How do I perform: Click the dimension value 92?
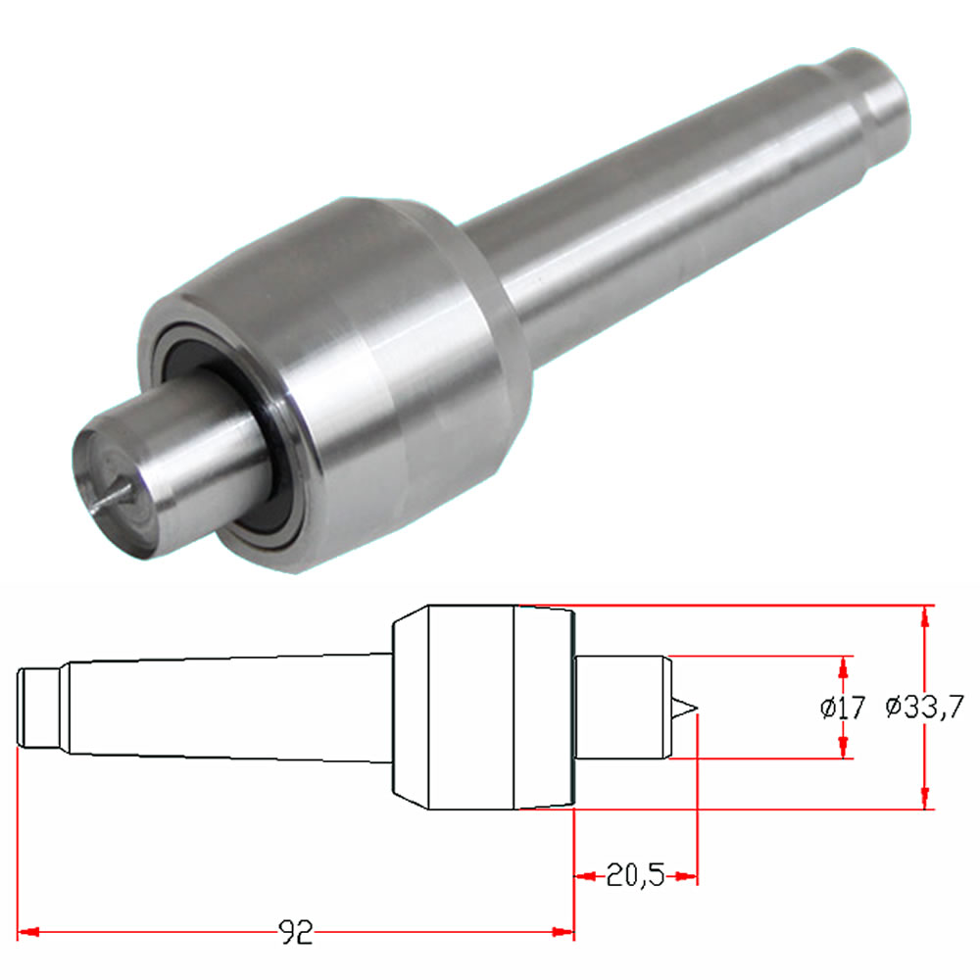pyautogui.click(x=295, y=932)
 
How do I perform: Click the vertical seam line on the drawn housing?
pyautogui.click(x=515, y=708)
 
